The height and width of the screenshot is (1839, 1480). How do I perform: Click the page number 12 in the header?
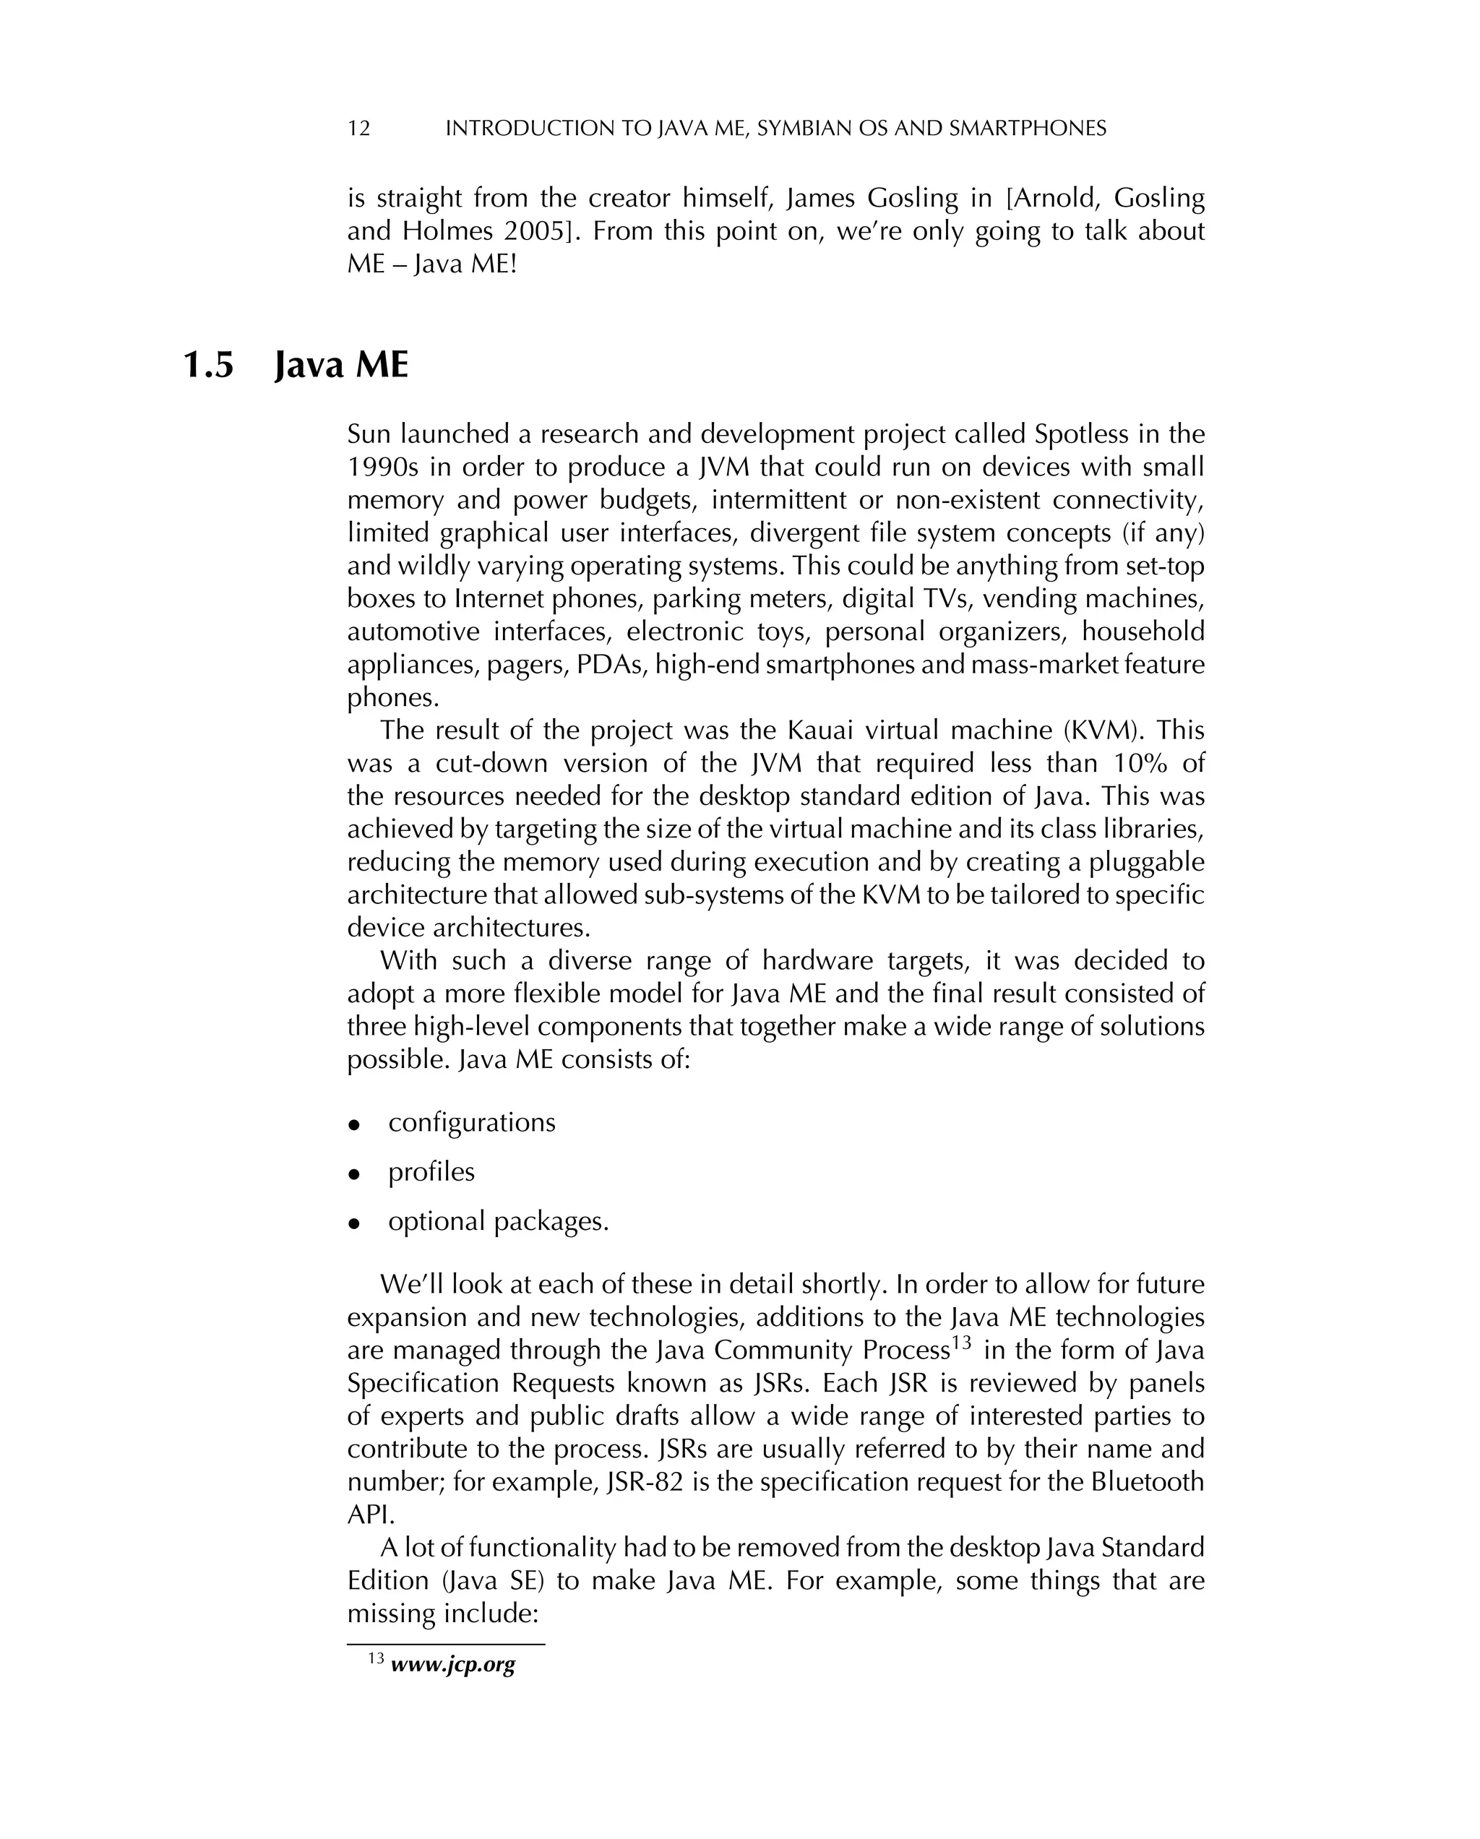click(x=359, y=129)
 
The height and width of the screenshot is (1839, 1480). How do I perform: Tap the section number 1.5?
click(x=208, y=366)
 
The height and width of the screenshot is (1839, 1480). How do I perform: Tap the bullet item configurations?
click(x=471, y=1122)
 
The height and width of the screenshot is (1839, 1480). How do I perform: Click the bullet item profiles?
click(x=431, y=1172)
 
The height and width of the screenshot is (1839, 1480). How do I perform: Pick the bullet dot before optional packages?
click(x=354, y=1224)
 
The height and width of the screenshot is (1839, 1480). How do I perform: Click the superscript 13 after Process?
click(x=962, y=1343)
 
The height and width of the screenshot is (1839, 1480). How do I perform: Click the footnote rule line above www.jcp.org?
click(x=445, y=1644)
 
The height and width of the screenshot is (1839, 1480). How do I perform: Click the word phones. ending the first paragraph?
click(x=392, y=698)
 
